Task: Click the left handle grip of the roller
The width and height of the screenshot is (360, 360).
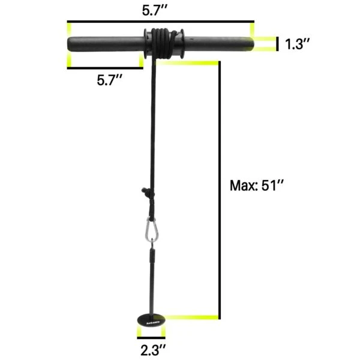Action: pos(105,44)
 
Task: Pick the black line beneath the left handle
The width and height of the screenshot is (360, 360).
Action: pos(105,67)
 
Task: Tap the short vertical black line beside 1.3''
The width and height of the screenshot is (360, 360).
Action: pos(278,44)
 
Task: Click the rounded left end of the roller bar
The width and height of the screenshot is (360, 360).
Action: pos(71,44)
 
